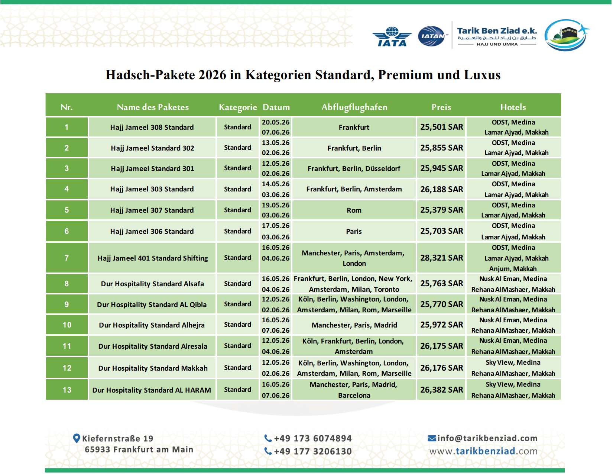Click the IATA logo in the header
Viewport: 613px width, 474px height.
coord(392,37)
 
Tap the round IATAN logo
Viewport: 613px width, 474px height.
coord(431,36)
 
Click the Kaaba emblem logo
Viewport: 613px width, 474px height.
coord(566,35)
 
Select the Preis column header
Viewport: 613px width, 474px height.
coord(441,107)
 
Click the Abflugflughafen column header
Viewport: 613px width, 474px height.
coord(354,107)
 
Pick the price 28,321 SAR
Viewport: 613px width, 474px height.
coord(441,258)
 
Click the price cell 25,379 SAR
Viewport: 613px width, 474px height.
coord(441,210)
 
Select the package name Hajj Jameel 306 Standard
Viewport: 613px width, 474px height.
coord(152,231)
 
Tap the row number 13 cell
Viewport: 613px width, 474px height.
coord(67,390)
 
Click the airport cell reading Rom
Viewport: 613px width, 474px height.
coord(354,210)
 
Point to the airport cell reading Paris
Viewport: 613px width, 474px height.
coord(354,231)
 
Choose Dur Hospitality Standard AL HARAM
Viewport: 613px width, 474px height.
coord(152,390)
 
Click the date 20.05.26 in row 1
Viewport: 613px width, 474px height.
coord(276,122)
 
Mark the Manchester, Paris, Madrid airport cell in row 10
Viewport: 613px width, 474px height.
coord(354,325)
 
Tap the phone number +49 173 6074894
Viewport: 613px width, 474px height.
coord(312,438)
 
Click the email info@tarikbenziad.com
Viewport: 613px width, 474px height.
coord(487,438)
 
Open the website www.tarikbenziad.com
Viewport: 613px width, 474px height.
coord(483,451)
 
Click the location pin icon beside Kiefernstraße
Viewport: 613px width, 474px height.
coord(77,438)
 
